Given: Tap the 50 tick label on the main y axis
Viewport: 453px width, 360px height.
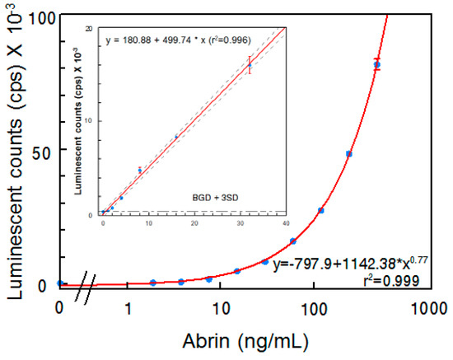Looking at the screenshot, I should click(40, 152).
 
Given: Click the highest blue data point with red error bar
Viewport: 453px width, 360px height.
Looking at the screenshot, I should click(377, 64).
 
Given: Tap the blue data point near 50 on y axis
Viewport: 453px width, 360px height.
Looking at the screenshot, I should click(349, 154).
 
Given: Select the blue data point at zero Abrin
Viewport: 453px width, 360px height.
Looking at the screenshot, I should click(59, 283).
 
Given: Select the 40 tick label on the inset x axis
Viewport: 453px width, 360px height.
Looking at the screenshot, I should click(285, 222).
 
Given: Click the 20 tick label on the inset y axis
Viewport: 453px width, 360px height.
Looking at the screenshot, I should click(96, 28).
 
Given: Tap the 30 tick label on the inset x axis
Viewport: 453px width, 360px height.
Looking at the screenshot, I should click(240, 222).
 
